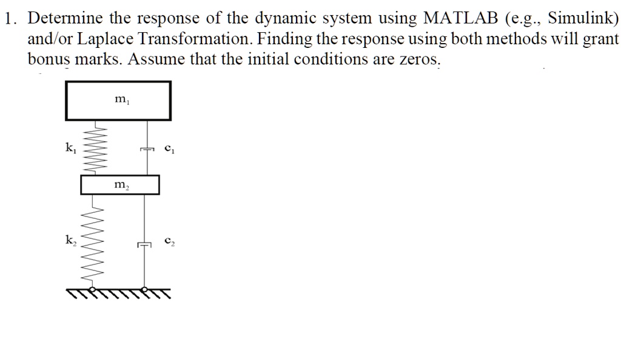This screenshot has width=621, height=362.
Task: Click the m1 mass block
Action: [x=118, y=101]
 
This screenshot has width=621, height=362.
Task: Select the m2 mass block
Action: [x=120, y=185]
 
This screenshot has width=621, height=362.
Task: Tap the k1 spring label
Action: [x=70, y=148]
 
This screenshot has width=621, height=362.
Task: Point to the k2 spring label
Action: [x=70, y=240]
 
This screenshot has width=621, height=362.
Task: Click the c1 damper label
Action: [x=170, y=149]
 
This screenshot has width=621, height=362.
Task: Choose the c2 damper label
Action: [x=170, y=241]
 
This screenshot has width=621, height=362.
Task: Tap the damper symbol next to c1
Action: [x=147, y=149]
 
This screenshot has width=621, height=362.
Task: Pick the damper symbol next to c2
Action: [x=144, y=244]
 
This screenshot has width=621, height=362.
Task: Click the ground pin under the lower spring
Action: [x=92, y=289]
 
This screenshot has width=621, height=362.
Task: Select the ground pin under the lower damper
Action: [x=144, y=289]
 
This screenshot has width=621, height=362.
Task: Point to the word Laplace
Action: [x=105, y=39]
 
